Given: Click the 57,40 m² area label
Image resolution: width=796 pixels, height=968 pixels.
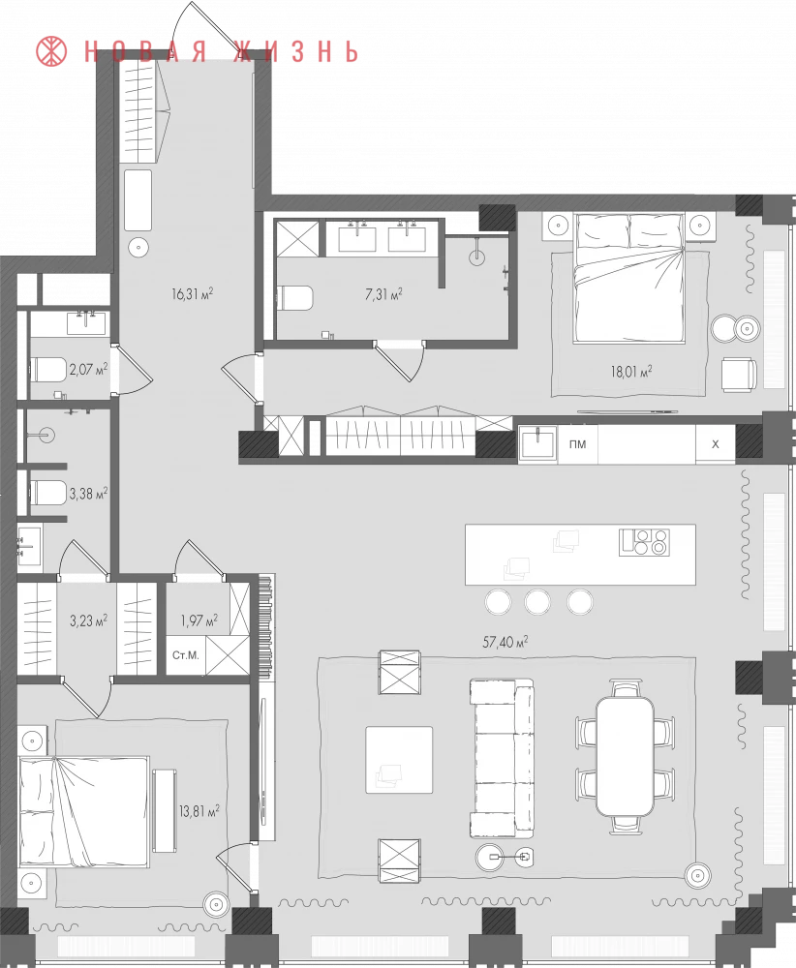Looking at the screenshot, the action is (505, 642).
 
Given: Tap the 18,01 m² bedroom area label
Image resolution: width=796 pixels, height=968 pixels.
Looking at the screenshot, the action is (631, 371).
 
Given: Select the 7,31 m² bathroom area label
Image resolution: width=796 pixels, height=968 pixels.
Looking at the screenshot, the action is (383, 294).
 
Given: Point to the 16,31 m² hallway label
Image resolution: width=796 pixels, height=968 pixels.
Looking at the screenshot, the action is (193, 293).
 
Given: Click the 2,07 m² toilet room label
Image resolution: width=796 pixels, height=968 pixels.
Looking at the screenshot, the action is (88, 369).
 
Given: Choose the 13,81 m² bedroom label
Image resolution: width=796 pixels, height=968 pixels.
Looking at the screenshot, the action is (199, 810).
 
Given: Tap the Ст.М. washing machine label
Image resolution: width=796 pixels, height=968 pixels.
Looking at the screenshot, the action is (186, 655).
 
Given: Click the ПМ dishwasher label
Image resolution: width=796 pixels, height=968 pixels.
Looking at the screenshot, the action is (577, 444).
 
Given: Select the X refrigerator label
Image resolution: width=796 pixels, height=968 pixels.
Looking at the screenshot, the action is (715, 444).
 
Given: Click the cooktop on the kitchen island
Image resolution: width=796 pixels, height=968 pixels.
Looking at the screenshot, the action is (645, 542).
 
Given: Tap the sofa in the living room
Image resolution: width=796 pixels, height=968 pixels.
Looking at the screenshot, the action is (502, 758).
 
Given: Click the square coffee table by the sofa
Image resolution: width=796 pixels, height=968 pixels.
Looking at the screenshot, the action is (399, 759).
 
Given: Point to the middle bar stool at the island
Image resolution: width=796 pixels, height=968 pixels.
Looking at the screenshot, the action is (537, 602).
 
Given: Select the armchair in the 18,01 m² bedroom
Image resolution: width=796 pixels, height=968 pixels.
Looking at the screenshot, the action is (739, 374).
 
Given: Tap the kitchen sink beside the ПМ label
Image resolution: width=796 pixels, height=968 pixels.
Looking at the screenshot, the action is (537, 443).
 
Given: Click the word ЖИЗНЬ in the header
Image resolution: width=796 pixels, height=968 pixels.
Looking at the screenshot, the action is (295, 52).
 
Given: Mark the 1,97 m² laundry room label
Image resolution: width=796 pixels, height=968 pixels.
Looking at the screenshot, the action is (199, 620).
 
